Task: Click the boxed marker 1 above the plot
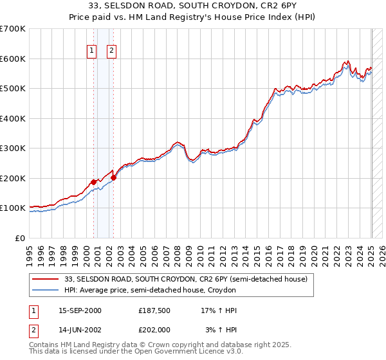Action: (91, 51)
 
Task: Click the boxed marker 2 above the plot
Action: (111, 51)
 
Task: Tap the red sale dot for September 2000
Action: (93, 182)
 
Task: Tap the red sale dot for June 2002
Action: (113, 177)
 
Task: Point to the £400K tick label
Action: (14, 118)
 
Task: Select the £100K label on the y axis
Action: (14, 208)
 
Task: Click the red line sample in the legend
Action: (47, 279)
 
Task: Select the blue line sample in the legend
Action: (47, 291)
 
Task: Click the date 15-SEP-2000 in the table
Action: (80, 310)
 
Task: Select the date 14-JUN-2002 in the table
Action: (80, 329)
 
